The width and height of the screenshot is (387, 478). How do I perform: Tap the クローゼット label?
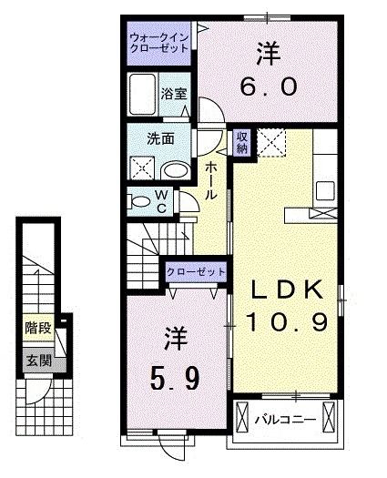tap(196, 271)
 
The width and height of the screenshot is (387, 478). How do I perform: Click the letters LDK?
tap(286, 290)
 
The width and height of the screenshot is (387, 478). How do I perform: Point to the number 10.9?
tap(287, 321)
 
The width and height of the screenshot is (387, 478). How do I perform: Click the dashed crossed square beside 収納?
tap(270, 142)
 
